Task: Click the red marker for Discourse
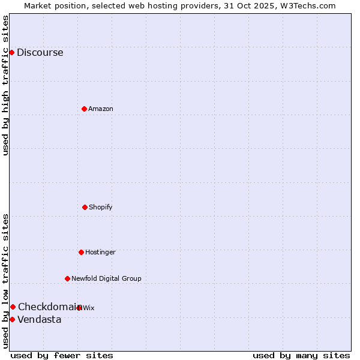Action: coord(11,52)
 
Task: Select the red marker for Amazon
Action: coord(84,109)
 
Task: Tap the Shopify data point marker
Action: coord(85,207)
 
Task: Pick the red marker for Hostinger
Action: coord(81,252)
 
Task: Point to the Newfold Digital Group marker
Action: coord(67,278)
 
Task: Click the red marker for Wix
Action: coord(79,308)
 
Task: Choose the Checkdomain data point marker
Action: coord(13,307)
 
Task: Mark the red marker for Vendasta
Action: coord(12,319)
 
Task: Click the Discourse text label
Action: coord(40,52)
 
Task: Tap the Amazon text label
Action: coord(100,109)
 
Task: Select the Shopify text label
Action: coord(100,207)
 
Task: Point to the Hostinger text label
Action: coord(100,252)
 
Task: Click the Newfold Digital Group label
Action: coord(106,278)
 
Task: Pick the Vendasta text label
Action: coord(39,319)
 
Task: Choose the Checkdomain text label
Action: coord(48,307)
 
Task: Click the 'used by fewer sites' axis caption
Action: coord(62,355)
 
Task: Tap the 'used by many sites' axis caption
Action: coord(301,355)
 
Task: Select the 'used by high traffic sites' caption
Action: coord(5,85)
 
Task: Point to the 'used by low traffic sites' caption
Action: coord(5,281)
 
